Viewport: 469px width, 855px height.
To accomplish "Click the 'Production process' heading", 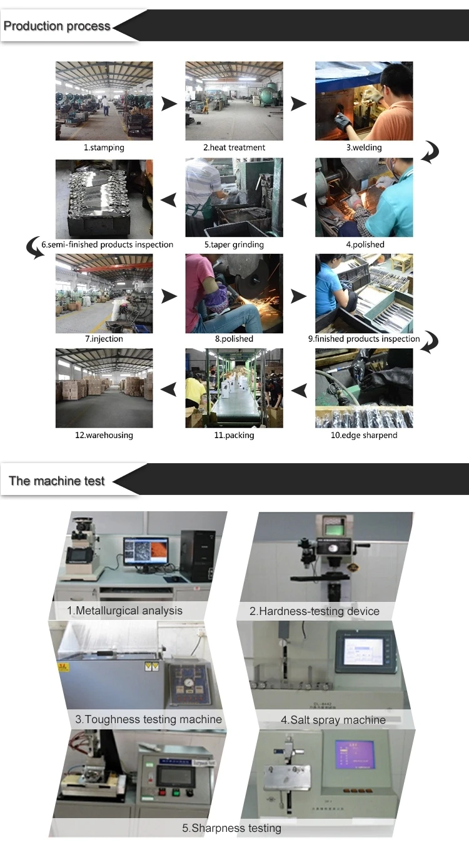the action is coord(57,26).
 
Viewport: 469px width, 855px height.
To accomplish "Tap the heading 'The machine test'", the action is coord(57,481).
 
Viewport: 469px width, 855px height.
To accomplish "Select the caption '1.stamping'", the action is coord(104,148).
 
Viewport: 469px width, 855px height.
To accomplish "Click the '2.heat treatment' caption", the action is coord(234,148).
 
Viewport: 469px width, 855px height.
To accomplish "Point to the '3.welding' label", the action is coord(364,148).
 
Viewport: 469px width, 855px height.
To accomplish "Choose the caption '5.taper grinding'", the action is coord(234,245).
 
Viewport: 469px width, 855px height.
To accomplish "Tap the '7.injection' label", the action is coord(104,339).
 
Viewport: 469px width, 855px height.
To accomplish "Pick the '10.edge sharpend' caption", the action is coord(364,436).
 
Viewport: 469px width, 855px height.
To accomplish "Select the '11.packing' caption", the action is coord(234,436).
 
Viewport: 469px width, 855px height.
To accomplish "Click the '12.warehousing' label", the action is coord(104,436).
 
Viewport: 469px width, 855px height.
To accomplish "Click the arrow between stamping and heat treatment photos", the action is coord(169,104).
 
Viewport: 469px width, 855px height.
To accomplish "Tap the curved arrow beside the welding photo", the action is coord(430,152).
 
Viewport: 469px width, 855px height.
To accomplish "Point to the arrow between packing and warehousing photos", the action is coord(169,389).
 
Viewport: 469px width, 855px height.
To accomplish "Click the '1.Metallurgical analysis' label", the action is coord(125,611).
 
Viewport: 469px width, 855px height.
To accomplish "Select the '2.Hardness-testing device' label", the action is coord(315,611).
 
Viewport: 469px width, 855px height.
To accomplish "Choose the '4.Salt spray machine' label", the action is coord(333,720).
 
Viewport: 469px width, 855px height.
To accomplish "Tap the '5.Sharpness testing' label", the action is coord(231,828).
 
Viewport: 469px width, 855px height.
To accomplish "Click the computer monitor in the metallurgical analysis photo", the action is coord(145,551).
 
